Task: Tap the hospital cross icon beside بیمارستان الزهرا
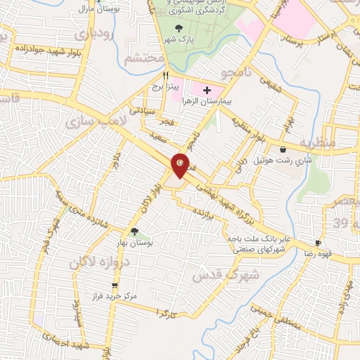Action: pos(207,91)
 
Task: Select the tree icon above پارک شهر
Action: pos(179,29)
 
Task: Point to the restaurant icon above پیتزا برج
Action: pos(167,75)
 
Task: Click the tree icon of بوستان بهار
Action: pos(134,231)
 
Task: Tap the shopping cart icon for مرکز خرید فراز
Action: pos(115,285)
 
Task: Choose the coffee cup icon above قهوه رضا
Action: pos(319,243)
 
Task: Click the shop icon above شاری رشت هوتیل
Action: pos(283,149)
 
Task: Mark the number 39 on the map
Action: pos(341,224)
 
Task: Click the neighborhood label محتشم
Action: pos(143,59)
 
